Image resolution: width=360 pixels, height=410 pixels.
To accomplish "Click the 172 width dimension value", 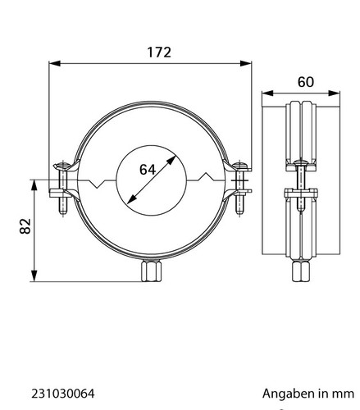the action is point(159,52).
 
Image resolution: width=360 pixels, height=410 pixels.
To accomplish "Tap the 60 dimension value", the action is point(306,82).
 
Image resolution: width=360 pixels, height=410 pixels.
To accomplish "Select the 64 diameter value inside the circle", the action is point(148,170).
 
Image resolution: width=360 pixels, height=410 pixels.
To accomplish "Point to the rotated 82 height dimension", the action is point(25,225).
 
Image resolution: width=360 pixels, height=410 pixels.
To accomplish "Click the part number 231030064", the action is point(63,394).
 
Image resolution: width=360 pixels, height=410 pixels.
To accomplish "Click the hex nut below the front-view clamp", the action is point(152,271).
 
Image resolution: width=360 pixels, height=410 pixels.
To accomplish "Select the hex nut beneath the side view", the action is point(300,271).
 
